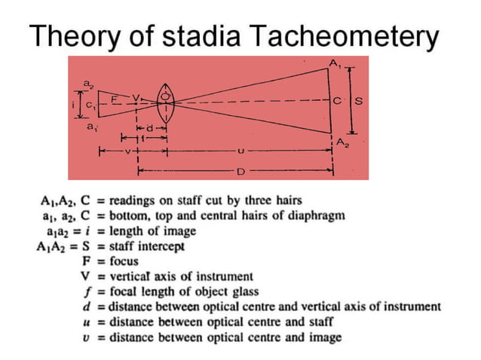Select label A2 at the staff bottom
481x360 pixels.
(x=342, y=142)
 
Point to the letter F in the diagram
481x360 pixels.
(x=114, y=98)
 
